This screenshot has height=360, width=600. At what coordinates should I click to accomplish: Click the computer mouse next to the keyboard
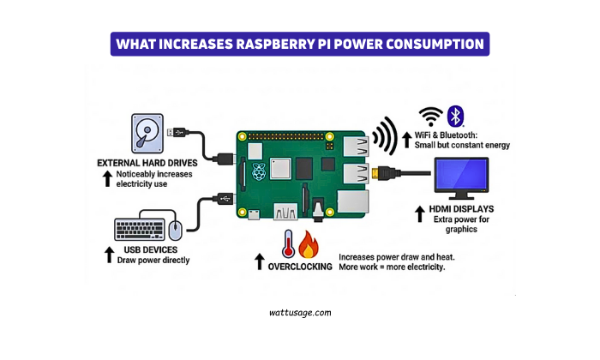click(x=175, y=229)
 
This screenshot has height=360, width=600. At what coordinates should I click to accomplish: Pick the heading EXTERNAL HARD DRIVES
click(x=147, y=162)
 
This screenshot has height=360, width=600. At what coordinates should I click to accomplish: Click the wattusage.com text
click(x=299, y=313)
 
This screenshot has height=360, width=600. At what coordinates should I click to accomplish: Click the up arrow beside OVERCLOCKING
click(x=259, y=261)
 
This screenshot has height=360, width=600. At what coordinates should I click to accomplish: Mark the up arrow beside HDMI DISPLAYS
click(x=420, y=212)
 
